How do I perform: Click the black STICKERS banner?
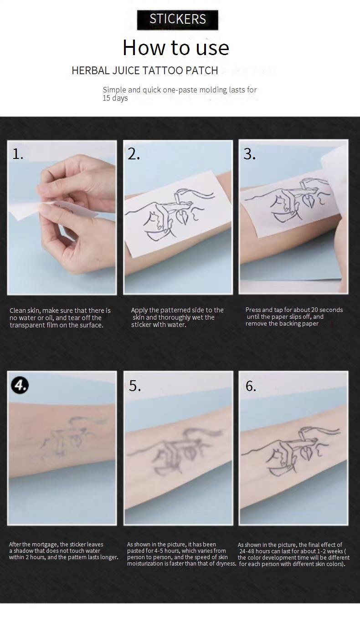pos(178,20)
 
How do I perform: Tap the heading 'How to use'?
pos(176,47)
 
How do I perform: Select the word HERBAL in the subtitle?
pos(91,71)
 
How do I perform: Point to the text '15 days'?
pos(115,98)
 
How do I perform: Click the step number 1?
pos(18,154)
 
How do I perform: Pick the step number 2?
pos(134,154)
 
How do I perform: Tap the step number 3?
pos(249,154)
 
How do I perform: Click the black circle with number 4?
pos(20,385)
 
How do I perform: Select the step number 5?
pos(135,386)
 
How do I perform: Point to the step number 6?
pos(251,386)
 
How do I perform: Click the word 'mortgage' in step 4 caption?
pos(46,544)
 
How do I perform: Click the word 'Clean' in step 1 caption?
pos(17,311)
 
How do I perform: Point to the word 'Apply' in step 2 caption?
pos(139,310)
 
